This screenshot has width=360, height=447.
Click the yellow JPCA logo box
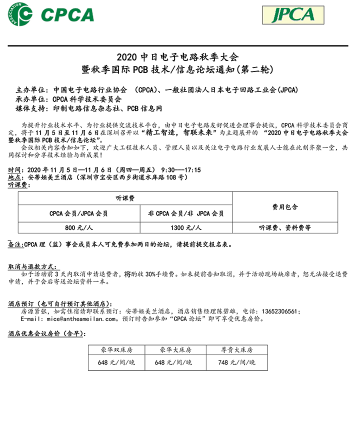[292, 15]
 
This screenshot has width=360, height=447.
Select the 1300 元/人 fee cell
[186, 227]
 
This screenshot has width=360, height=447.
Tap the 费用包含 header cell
[285, 206]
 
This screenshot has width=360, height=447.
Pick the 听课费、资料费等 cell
[285, 227]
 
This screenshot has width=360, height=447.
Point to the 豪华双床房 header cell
[116, 350]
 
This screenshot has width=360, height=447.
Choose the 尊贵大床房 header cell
[237, 350]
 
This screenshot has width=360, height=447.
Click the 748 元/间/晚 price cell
[237, 362]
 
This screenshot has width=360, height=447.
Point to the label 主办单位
[30, 90]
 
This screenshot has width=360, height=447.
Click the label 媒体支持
[30, 108]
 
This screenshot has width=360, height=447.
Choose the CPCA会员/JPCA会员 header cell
[78, 213]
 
